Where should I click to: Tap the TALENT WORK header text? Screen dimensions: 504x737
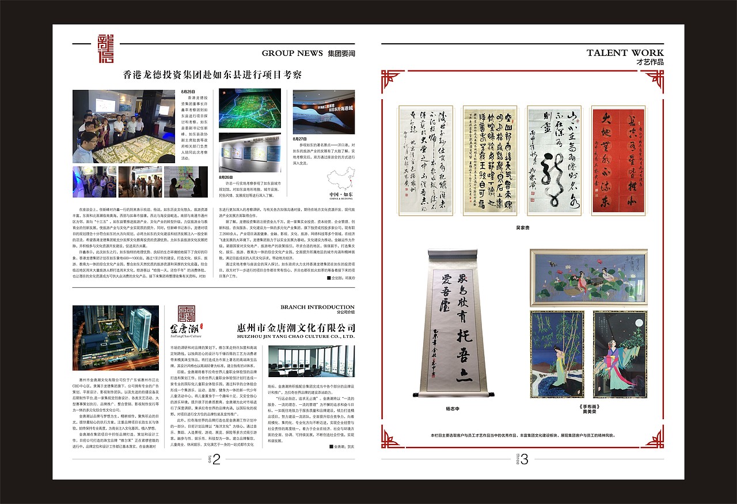click(625, 52)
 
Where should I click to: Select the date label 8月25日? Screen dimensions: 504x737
click(188, 92)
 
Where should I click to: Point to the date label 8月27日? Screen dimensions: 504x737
click(300, 138)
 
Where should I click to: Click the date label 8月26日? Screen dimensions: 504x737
click(226, 177)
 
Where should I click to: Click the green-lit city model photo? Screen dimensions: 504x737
click(250, 108)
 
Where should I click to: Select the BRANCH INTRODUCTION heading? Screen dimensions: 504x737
click(317, 307)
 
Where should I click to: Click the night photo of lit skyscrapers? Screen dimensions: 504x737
click(116, 337)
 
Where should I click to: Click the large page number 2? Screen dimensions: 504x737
click(216, 459)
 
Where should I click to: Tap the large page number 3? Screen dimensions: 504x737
click(524, 459)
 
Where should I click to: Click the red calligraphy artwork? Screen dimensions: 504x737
click(618, 160)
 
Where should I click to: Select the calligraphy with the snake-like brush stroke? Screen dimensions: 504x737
click(554, 160)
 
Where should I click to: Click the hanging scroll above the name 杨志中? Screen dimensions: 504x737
click(459, 323)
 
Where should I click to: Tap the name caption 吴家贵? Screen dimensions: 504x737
click(523, 227)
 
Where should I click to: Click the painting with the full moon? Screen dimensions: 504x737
click(620, 354)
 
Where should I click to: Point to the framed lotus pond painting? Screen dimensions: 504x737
click(588, 278)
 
